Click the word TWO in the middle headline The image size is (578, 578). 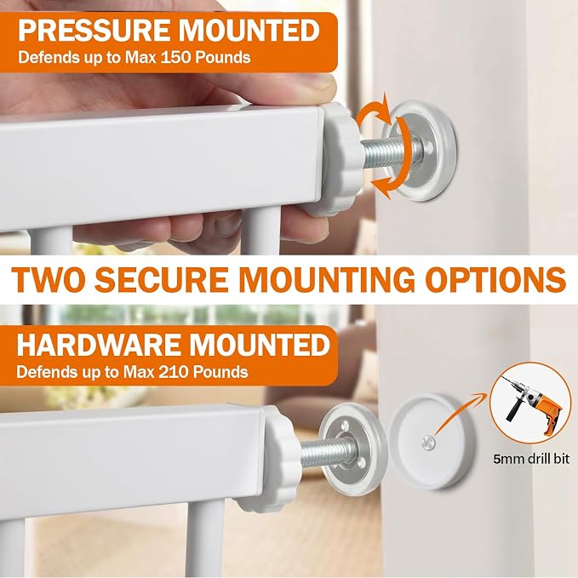coord(49,279)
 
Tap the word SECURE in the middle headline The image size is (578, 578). coord(163,279)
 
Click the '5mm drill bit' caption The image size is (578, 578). coord(531,459)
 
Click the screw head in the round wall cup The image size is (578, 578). coord(428,443)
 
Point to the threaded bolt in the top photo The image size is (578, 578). coord(387,152)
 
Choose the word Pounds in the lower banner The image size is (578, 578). coord(220,372)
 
